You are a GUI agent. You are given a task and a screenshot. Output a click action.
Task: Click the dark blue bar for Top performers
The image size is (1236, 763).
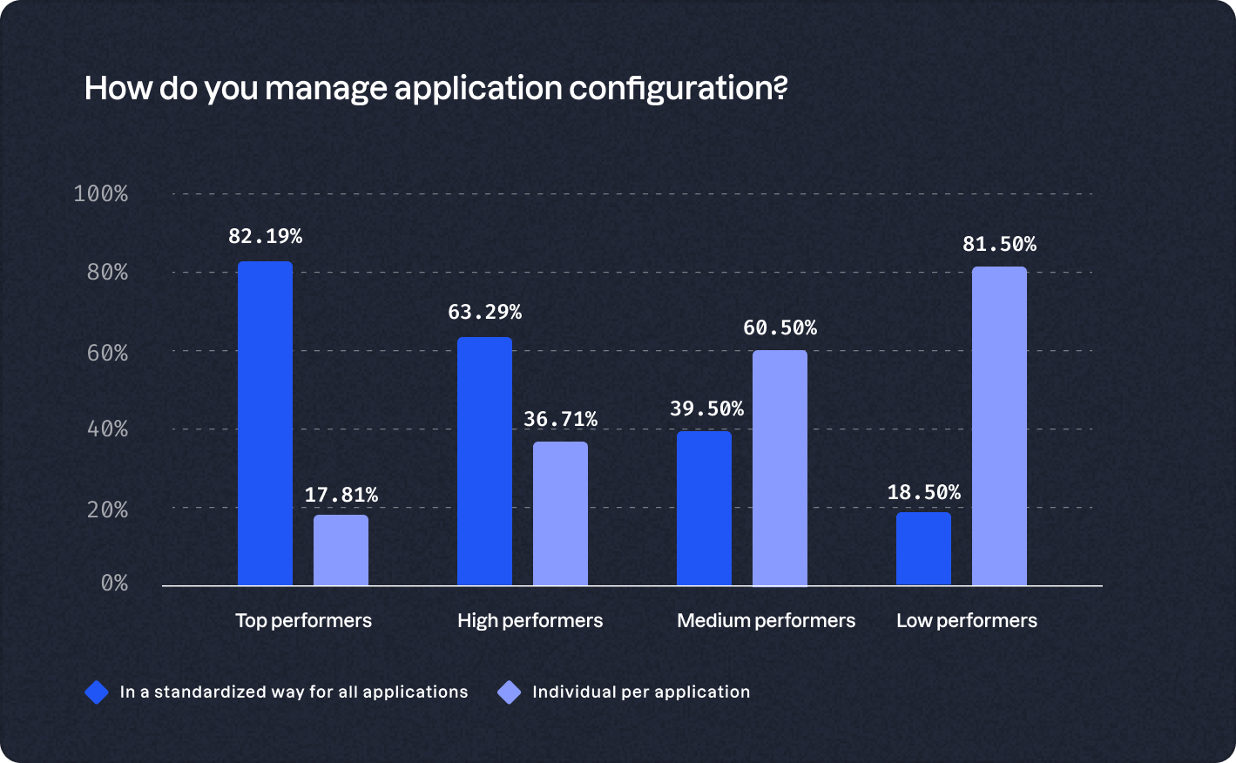pyautogui.click(x=265, y=423)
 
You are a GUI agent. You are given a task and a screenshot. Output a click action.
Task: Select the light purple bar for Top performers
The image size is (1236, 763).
pyautogui.click(x=341, y=550)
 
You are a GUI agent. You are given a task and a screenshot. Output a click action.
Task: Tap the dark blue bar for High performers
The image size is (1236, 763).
pyautogui.click(x=484, y=461)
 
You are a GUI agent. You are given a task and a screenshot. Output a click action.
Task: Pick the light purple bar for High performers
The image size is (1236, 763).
pyautogui.click(x=560, y=513)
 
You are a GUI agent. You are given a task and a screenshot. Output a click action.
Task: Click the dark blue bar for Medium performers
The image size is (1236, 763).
pyautogui.click(x=704, y=508)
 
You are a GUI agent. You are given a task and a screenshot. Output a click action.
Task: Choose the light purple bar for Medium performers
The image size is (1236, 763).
pyautogui.click(x=780, y=468)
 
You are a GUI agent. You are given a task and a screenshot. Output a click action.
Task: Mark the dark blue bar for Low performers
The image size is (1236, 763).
pyautogui.click(x=923, y=548)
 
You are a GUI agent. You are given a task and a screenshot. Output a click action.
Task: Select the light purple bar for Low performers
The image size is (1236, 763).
pyautogui.click(x=999, y=426)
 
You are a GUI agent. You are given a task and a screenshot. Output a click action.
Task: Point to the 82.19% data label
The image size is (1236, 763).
pyautogui.click(x=265, y=236)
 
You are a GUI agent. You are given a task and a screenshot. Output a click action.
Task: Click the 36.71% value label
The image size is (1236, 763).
pyautogui.click(x=560, y=420)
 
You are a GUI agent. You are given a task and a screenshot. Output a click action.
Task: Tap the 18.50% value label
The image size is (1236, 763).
pyautogui.click(x=923, y=493)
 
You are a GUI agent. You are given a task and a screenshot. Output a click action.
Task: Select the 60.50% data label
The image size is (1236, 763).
pyautogui.click(x=780, y=328)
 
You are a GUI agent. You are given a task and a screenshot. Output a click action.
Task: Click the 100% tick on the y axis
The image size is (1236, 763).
pyautogui.click(x=101, y=193)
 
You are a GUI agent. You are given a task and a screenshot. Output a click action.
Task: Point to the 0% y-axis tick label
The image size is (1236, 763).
pyautogui.click(x=114, y=583)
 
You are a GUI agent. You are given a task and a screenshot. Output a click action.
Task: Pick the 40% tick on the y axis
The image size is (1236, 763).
pyautogui.click(x=107, y=429)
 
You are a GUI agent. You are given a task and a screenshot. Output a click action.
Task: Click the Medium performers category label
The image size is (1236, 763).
pyautogui.click(x=766, y=620)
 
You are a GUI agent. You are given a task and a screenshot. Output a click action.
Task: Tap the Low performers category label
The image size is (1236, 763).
pyautogui.click(x=966, y=620)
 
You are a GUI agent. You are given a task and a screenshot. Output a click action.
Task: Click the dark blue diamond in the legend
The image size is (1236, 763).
pyautogui.click(x=97, y=692)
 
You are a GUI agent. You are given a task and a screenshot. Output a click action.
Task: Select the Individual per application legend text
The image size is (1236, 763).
pyautogui.click(x=641, y=692)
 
